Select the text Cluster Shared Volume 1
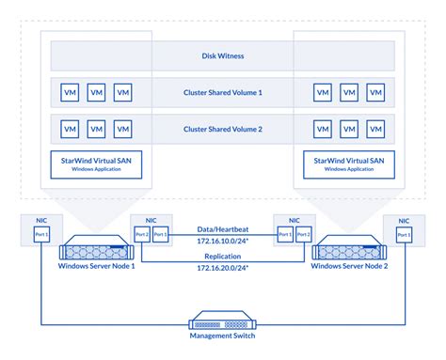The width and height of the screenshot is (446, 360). [222, 93]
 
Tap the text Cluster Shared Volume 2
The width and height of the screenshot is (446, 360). [222, 129]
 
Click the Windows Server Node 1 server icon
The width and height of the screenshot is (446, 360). [94, 253]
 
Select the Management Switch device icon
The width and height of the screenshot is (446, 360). [222, 321]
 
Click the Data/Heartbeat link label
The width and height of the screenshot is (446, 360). [222, 228]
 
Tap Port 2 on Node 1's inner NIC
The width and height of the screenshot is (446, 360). [141, 234]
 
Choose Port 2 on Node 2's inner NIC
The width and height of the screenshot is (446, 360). [303, 234]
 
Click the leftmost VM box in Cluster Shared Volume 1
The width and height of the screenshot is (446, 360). [69, 93]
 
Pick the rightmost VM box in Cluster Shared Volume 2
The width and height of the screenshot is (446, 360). [376, 129]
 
